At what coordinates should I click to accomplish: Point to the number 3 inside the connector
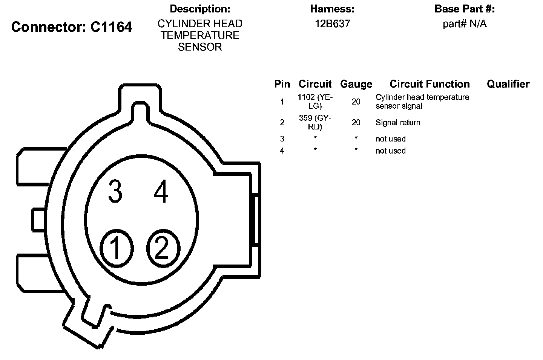(115, 191)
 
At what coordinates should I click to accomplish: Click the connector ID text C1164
(111, 27)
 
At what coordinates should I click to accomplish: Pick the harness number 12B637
(333, 24)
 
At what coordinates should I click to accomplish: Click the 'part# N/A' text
(465, 24)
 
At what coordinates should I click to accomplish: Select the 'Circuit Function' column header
(429, 84)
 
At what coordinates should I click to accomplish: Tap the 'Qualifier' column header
(508, 84)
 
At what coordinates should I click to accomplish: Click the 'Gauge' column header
(356, 85)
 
